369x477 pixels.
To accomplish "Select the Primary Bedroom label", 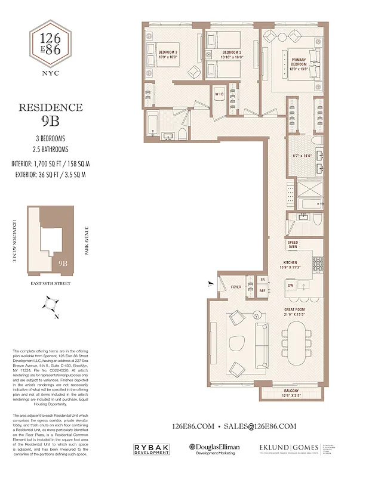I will click(299, 63).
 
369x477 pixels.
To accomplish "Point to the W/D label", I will click(219, 94).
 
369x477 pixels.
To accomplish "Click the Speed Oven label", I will click(293, 245).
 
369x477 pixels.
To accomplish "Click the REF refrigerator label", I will click(262, 290).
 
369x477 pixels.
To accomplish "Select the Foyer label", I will click(236, 287).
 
